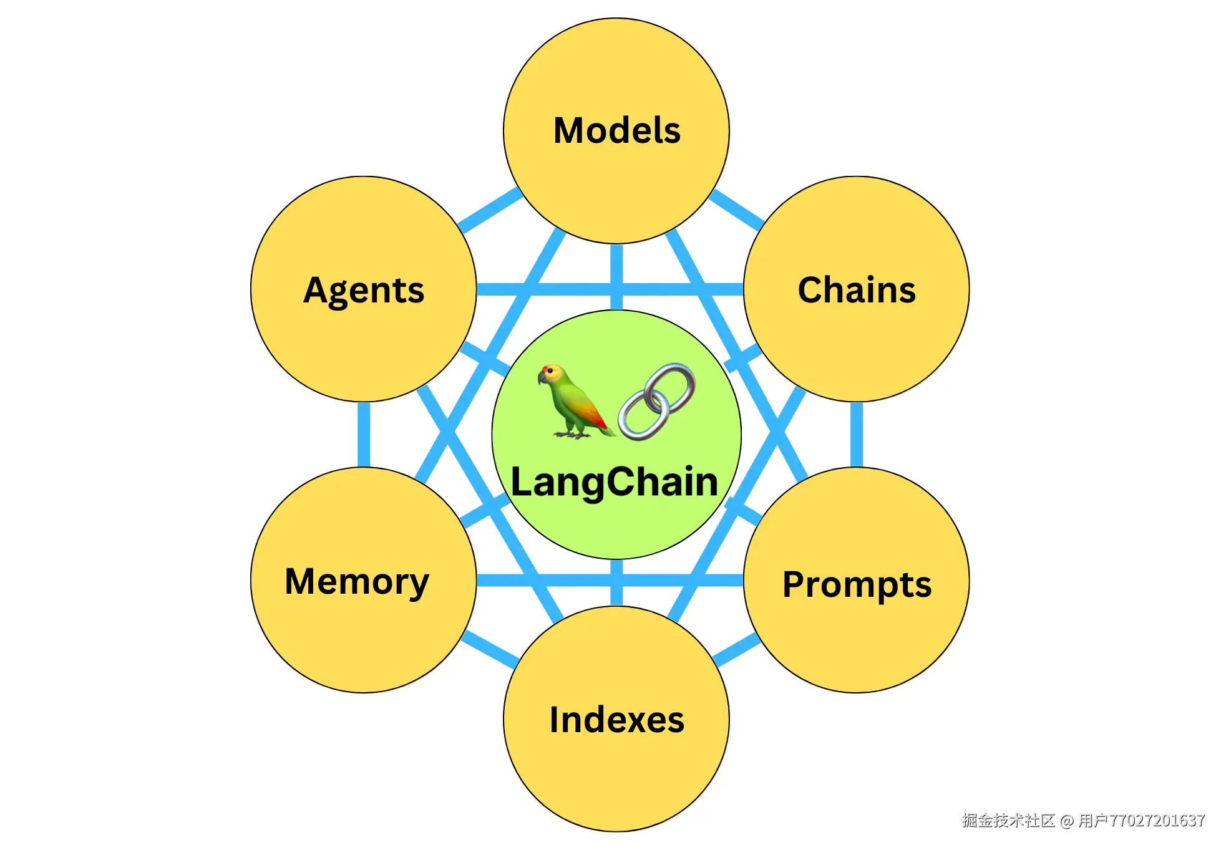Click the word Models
(616, 130)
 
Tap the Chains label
(857, 290)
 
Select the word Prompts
(857, 585)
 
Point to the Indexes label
(616, 720)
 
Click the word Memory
(357, 582)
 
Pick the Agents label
(364, 291)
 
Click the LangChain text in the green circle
(615, 482)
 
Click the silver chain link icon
(657, 402)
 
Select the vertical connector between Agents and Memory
(364, 435)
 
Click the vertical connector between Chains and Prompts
(857, 435)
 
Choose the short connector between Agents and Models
(490, 210)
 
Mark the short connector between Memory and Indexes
(490, 649)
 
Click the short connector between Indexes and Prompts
(736, 650)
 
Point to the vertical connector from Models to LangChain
(616, 277)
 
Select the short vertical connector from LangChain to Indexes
(616, 582)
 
